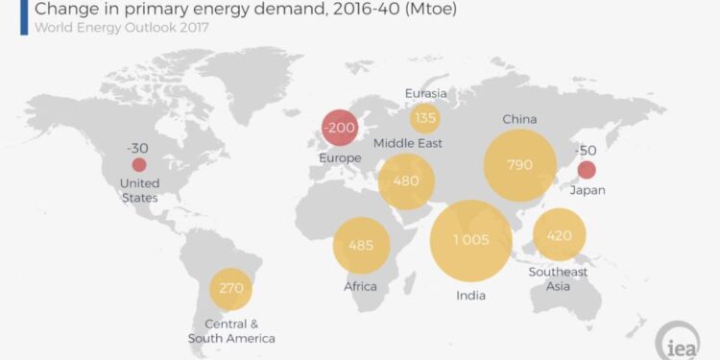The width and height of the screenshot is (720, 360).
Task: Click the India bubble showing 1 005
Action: (x=470, y=241)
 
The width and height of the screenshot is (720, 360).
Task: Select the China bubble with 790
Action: (x=519, y=165)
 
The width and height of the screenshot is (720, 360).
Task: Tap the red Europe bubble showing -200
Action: (x=341, y=127)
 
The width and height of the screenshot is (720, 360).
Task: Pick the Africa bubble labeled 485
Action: (x=361, y=245)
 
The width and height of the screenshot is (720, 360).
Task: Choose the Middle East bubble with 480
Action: (x=406, y=180)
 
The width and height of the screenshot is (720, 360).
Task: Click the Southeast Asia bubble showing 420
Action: (x=560, y=234)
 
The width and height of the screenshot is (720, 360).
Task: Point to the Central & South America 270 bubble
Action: (x=230, y=288)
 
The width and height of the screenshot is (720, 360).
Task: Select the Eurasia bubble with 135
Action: (x=424, y=119)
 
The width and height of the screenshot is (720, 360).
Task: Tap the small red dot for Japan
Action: (x=586, y=171)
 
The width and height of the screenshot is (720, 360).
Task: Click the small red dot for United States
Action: (x=139, y=165)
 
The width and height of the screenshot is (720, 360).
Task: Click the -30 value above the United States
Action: (x=138, y=148)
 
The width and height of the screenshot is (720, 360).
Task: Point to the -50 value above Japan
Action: (x=586, y=151)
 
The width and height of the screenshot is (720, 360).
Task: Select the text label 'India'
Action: (x=470, y=295)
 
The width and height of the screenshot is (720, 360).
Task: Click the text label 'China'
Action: (x=519, y=120)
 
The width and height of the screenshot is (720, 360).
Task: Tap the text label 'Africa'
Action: (x=361, y=286)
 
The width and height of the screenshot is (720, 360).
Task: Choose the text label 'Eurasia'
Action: (x=424, y=94)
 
